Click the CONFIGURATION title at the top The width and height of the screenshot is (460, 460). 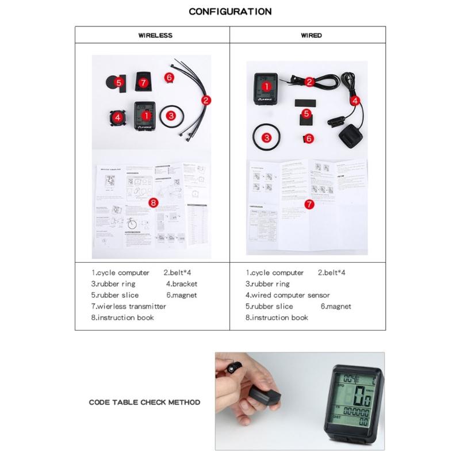click(230, 11)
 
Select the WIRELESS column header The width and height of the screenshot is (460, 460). click(155, 35)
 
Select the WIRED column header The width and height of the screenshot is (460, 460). click(311, 35)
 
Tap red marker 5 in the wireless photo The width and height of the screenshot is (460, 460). click(118, 83)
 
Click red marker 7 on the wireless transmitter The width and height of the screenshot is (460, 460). click(143, 83)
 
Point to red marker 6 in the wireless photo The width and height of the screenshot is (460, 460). click(169, 76)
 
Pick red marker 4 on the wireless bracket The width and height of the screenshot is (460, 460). click(118, 117)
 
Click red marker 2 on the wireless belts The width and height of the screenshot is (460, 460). click(206, 99)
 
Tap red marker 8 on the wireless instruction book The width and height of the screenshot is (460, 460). click(153, 202)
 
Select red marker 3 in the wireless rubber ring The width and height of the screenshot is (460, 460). click(171, 115)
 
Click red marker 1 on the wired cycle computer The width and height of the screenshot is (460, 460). click(266, 86)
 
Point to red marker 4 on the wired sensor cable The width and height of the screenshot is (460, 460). click(355, 100)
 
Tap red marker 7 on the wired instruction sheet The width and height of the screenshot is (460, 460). click(309, 204)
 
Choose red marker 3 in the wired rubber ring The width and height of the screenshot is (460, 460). click(266, 137)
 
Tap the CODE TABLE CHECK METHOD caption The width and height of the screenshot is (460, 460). click(144, 402)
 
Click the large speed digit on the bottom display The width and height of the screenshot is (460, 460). click(361, 396)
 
